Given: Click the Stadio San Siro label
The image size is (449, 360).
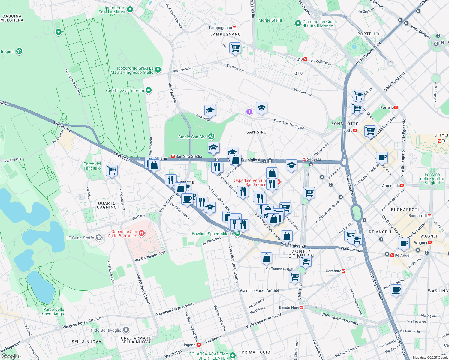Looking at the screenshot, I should [192, 137].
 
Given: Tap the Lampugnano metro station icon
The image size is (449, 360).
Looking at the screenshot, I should [234, 28].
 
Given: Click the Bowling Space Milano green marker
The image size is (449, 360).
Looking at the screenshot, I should [237, 234].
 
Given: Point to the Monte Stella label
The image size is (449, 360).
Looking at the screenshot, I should [270, 20].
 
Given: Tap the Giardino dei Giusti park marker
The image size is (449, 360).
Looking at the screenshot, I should [298, 23].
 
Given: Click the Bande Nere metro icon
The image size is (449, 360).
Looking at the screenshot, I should [302, 307].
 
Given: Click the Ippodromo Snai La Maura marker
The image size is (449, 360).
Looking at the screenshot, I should [130, 10].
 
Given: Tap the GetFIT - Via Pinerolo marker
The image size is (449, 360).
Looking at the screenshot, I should [148, 90].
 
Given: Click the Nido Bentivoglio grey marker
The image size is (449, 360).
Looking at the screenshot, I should [126, 330].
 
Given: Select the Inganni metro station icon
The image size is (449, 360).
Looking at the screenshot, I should [199, 345].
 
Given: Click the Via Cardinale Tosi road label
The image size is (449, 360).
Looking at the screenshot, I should [150, 256].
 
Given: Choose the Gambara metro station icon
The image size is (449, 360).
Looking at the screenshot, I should [344, 271].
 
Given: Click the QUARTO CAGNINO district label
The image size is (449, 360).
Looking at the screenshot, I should [107, 205].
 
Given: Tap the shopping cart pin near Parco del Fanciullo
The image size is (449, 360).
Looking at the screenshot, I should [112, 170].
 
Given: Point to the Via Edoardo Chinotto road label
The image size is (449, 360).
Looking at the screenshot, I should [234, 264].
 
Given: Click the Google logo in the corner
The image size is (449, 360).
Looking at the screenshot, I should [10, 356].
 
